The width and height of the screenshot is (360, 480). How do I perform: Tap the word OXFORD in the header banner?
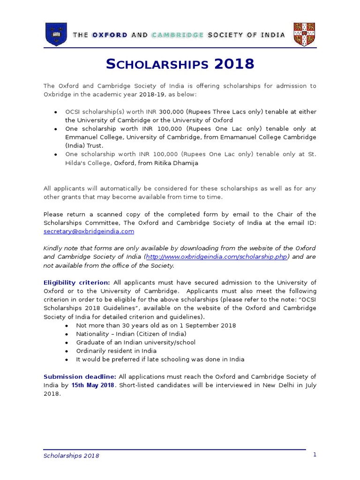point(109,35)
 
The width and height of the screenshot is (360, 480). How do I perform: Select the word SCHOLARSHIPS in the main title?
point(157,64)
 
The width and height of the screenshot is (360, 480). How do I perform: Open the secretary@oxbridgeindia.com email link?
point(89,231)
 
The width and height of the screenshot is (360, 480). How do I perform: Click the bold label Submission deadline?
point(80,376)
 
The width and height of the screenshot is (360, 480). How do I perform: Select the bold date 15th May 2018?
point(93,385)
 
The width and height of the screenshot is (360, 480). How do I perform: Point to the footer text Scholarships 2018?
point(71,456)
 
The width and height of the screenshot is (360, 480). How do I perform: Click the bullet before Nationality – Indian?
point(68,334)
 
